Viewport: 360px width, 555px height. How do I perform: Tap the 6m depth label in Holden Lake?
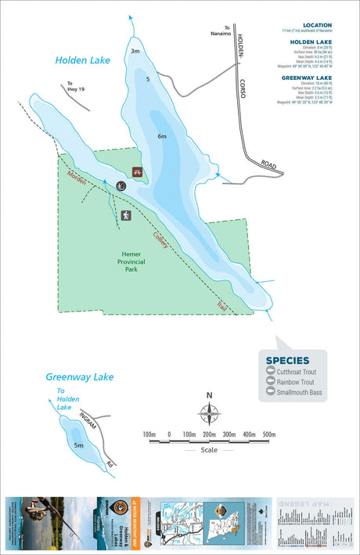coord(162,137)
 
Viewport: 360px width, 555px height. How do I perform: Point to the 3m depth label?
coord(135,52)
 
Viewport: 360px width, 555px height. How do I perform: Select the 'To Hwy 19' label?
coord(75,87)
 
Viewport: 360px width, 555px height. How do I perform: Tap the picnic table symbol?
coord(138,172)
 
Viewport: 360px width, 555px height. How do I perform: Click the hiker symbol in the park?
coord(124,215)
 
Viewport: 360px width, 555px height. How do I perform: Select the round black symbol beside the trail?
coord(121,186)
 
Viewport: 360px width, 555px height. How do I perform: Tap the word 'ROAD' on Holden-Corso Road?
coord(269,166)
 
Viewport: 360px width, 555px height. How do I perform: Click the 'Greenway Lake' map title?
coord(79,377)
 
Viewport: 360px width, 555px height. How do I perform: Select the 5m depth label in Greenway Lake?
coord(78,445)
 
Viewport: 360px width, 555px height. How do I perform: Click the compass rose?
coord(210,413)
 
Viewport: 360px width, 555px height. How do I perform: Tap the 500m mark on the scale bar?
coord(269,434)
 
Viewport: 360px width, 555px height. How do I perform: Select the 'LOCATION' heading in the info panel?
coord(318,25)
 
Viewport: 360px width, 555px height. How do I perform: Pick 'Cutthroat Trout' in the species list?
coord(298,372)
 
